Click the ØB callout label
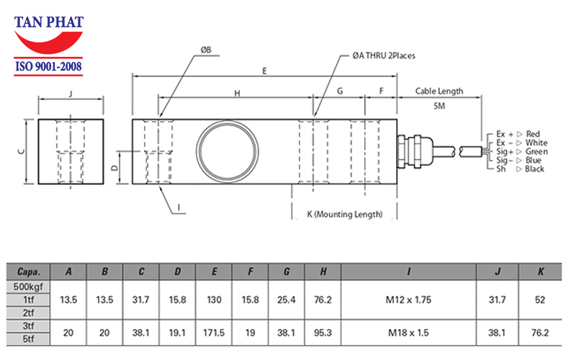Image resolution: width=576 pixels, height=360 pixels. click(x=206, y=50)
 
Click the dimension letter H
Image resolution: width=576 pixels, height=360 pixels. click(x=235, y=93)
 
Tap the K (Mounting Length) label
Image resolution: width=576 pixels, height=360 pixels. click(x=344, y=214)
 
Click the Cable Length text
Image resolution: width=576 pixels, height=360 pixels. click(x=439, y=91)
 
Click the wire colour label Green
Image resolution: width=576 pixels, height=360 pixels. click(x=536, y=151)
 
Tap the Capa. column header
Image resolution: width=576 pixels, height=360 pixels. click(x=29, y=272)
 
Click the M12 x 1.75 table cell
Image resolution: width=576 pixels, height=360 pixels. click(x=409, y=299)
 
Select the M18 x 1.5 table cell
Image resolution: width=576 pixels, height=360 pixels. click(x=409, y=333)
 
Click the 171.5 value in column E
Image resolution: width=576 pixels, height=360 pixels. click(x=215, y=333)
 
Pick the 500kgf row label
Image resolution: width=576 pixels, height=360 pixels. click(x=29, y=287)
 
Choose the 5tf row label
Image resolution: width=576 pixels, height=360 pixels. click(x=29, y=340)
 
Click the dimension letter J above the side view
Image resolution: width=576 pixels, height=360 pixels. click(x=70, y=94)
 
